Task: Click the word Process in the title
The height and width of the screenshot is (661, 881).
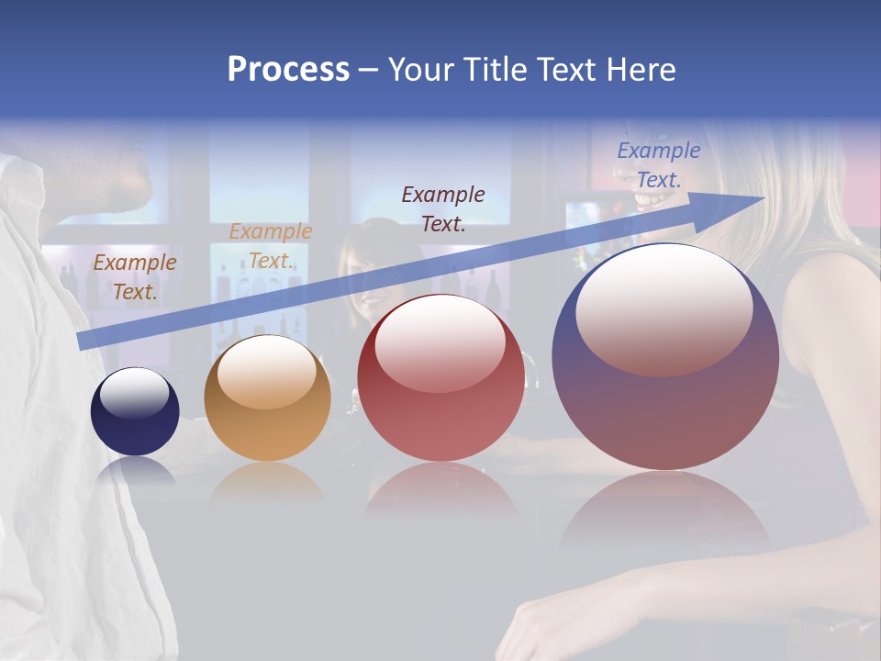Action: pyautogui.click(x=288, y=70)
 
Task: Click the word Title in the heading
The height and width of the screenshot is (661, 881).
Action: pyautogui.click(x=490, y=70)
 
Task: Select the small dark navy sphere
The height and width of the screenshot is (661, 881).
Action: pyautogui.click(x=135, y=411)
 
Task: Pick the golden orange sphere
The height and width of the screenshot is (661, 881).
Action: pyautogui.click(x=267, y=398)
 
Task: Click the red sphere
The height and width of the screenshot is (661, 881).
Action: pyautogui.click(x=440, y=378)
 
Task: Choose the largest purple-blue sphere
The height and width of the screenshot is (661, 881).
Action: pyautogui.click(x=665, y=356)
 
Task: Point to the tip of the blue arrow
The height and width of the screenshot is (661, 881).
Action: pyautogui.click(x=761, y=198)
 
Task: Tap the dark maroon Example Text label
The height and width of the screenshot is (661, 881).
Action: pyautogui.click(x=443, y=209)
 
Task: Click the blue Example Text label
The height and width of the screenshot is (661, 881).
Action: pyautogui.click(x=658, y=165)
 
